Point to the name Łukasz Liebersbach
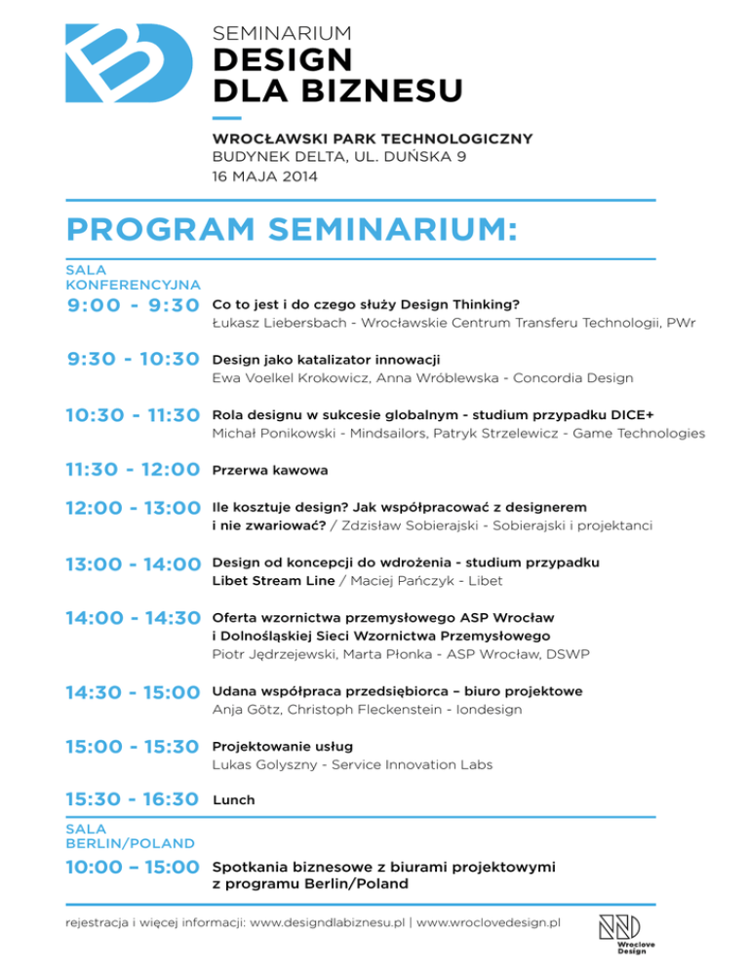(x=276, y=324)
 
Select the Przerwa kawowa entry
(x=269, y=470)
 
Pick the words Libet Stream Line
(x=268, y=582)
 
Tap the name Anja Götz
(x=245, y=710)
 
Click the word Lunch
(x=233, y=800)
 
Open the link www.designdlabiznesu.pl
(x=328, y=921)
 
